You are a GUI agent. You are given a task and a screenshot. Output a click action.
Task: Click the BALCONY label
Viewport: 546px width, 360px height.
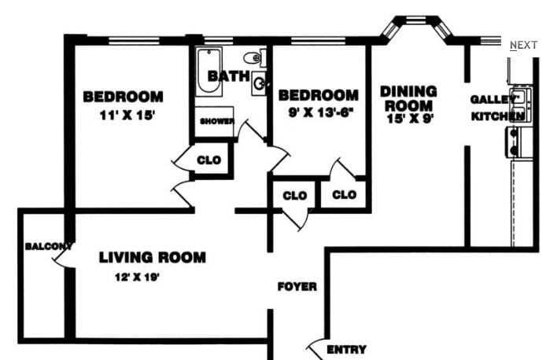pyautogui.click(x=48, y=246)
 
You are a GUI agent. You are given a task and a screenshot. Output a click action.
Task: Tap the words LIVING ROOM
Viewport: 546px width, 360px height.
pyautogui.click(x=152, y=257)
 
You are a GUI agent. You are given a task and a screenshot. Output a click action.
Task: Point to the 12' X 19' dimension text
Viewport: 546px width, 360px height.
pyautogui.click(x=136, y=277)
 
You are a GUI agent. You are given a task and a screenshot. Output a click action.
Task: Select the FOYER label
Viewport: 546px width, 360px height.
pyautogui.click(x=297, y=287)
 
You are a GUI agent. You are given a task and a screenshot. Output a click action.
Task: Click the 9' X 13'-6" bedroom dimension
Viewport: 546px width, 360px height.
pyautogui.click(x=317, y=112)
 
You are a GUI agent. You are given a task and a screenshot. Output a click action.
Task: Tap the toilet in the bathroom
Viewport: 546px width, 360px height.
pyautogui.click(x=254, y=57)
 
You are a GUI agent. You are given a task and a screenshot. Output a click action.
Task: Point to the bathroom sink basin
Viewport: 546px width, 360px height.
pyautogui.click(x=259, y=83)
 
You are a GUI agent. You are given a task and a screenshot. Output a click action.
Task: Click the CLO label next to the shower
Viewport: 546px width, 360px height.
pyautogui.click(x=208, y=160)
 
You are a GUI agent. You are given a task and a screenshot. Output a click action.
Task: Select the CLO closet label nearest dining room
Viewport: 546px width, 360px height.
pyautogui.click(x=344, y=195)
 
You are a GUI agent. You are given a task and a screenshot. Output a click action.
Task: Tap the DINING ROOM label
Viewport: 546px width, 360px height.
pyautogui.click(x=408, y=99)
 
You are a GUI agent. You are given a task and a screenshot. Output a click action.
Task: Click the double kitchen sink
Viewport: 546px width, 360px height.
pyautogui.click(x=519, y=99)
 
